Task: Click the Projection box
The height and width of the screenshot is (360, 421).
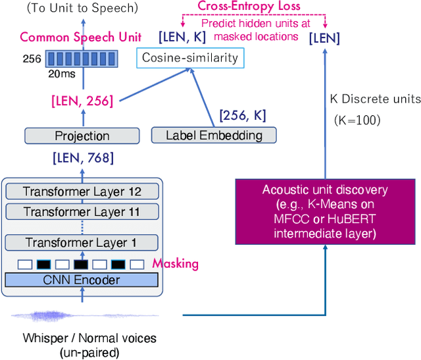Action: pyautogui.click(x=82, y=136)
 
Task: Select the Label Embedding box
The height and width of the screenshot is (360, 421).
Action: pyautogui.click(x=214, y=136)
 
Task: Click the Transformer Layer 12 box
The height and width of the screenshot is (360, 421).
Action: pyautogui.click(x=82, y=192)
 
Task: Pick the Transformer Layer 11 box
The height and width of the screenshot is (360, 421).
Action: pyautogui.click(x=82, y=212)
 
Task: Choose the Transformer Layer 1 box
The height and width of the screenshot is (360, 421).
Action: pyautogui.click(x=82, y=243)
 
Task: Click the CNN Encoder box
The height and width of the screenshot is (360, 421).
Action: pyautogui.click(x=82, y=280)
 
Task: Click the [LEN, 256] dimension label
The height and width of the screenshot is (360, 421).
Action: pyautogui.click(x=83, y=101)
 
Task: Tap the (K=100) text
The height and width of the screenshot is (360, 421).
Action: pyautogui.click(x=349, y=120)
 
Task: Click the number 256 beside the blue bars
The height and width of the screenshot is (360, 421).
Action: pyautogui.click(x=32, y=59)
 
